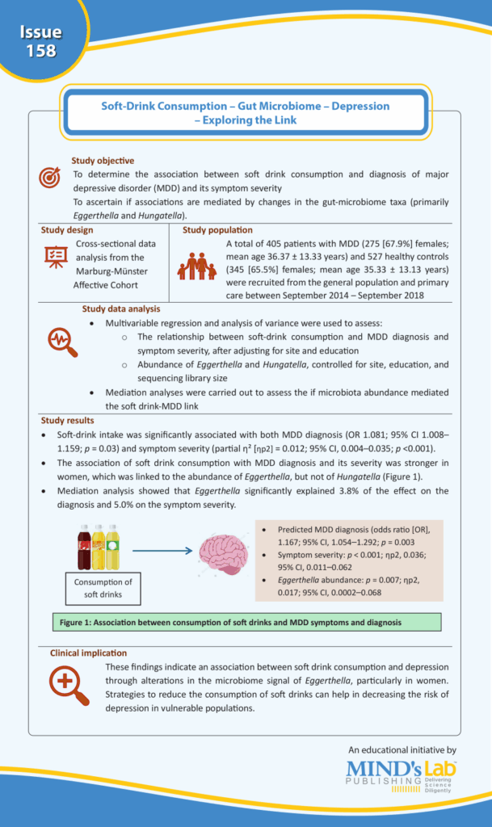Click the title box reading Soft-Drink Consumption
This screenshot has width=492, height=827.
pos(245,112)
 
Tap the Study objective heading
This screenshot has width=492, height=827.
pos(103,161)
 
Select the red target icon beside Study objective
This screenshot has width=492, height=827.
pos(50,176)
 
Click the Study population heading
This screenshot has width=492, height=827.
pos(217,230)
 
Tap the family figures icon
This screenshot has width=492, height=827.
pos(197,266)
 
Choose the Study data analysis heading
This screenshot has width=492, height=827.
pos(121,309)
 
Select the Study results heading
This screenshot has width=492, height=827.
pos(67,420)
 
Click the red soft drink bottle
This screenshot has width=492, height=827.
pos(84,547)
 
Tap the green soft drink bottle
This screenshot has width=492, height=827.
pos(112,547)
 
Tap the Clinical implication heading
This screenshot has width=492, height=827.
pos(88,652)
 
